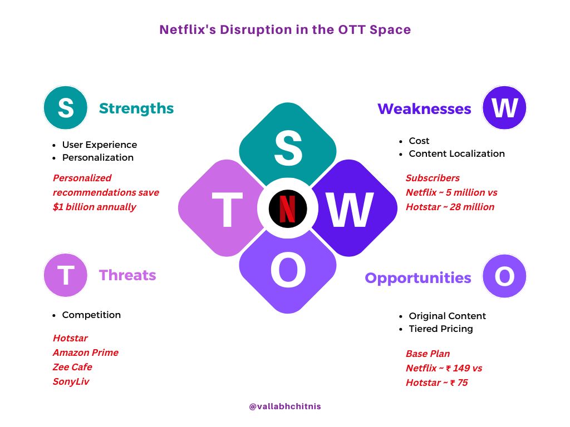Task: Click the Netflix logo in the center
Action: point(288,208)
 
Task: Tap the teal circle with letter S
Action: point(66,108)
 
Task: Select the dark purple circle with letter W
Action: point(504,108)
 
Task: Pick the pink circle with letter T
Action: point(66,275)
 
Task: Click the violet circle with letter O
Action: point(504,276)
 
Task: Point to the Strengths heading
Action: point(136,108)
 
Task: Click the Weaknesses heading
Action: point(424,109)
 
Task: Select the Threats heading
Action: point(127,275)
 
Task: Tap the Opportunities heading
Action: point(418,278)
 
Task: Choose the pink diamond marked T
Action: point(221,208)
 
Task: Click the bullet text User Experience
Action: point(100,145)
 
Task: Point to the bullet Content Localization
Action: point(456,153)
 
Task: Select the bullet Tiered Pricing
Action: point(441,329)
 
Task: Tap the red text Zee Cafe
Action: point(72,367)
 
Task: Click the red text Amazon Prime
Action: point(85,352)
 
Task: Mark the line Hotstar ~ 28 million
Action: point(450,207)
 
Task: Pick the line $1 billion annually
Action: point(95,207)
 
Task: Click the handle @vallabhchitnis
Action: point(285,406)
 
